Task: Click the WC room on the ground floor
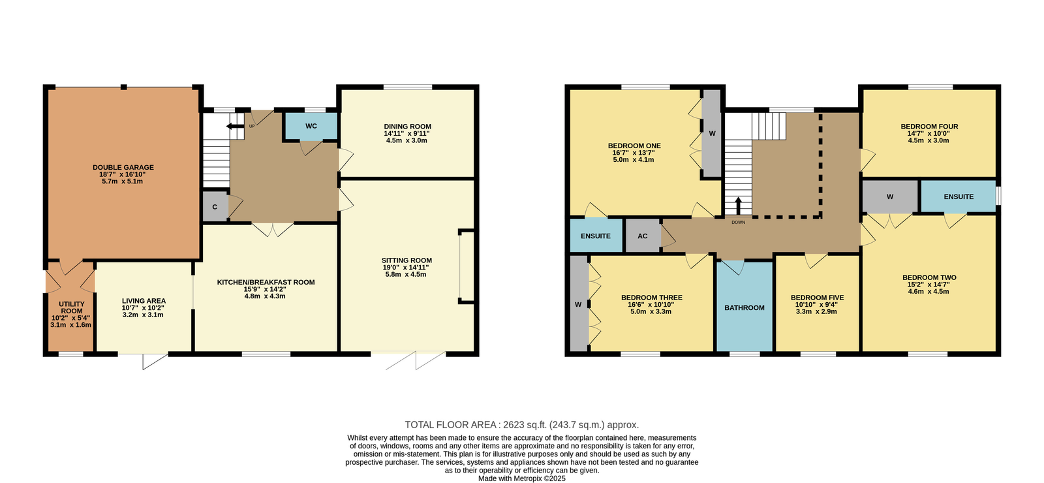click(311, 126)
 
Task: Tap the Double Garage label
click(123, 167)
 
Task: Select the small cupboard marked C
click(215, 206)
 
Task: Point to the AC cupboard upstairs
click(643, 236)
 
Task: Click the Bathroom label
click(745, 307)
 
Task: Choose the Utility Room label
click(72, 307)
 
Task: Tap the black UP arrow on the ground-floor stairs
click(235, 126)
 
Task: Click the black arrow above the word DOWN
click(738, 206)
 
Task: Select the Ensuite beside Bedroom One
click(596, 236)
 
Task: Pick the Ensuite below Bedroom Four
click(959, 196)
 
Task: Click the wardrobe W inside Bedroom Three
click(579, 304)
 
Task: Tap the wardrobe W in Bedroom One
click(712, 133)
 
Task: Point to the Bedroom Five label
click(817, 298)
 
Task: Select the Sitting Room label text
click(407, 260)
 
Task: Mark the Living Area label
click(144, 301)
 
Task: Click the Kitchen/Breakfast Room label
click(266, 282)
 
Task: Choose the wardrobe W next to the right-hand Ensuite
click(890, 196)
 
